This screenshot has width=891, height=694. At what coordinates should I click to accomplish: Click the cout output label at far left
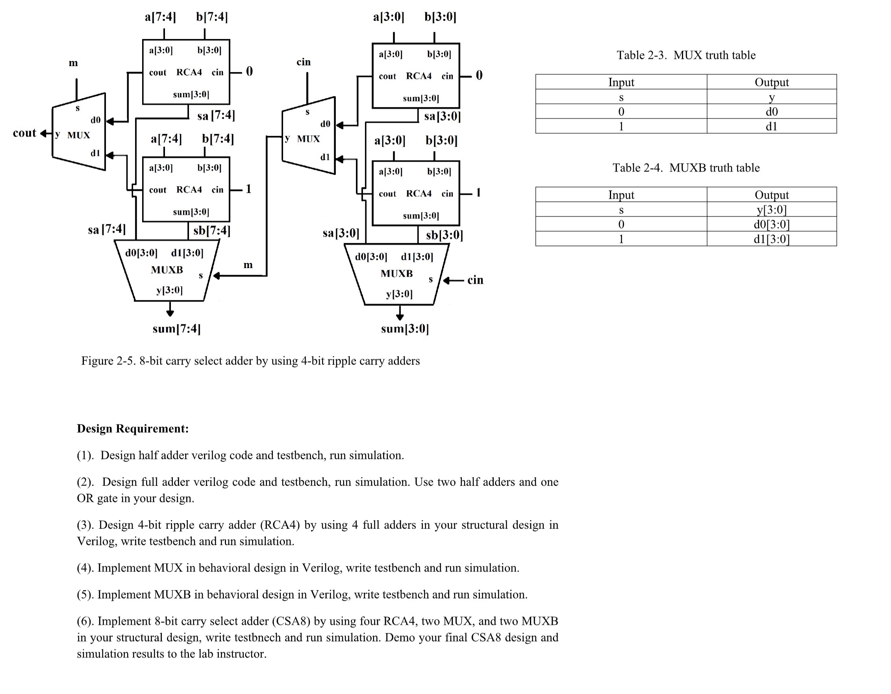[24, 133]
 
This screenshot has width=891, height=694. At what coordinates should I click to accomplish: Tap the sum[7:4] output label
[177, 329]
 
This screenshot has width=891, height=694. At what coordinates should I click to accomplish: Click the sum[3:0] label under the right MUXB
[405, 329]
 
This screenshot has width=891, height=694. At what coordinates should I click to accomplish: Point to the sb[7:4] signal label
[212, 231]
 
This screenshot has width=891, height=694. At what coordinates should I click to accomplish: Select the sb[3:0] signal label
[444, 235]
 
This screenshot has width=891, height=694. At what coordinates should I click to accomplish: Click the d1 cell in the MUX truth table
[771, 126]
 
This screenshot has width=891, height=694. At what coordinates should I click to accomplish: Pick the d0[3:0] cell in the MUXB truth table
[771, 224]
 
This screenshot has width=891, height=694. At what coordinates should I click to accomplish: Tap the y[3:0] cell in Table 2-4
[771, 210]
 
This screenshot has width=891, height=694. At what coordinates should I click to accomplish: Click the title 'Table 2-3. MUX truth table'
[686, 55]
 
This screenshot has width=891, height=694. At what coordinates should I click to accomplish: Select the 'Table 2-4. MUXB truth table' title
[686, 168]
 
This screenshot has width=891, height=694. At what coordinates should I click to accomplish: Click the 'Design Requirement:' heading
[133, 428]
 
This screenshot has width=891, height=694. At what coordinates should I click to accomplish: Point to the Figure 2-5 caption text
[250, 361]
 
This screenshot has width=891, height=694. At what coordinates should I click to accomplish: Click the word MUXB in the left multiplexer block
[167, 270]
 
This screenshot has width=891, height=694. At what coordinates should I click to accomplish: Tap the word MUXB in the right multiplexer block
[396, 273]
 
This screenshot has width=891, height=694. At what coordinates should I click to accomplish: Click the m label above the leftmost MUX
[73, 63]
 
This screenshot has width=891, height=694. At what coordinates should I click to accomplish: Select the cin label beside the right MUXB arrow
[475, 280]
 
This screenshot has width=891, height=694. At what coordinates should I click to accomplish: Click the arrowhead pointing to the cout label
[43, 133]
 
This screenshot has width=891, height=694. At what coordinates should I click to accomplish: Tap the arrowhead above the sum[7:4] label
[170, 313]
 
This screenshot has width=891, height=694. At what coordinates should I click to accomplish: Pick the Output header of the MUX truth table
[771, 82]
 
